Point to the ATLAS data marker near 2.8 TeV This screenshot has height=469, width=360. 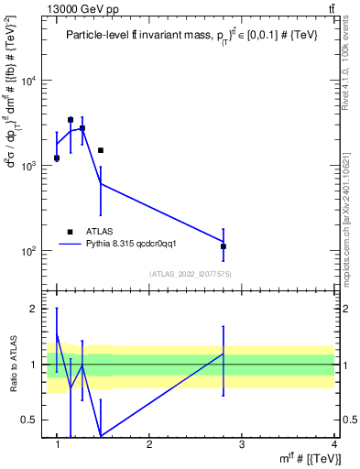(x=224, y=246)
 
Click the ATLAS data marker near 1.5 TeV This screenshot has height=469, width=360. (x=101, y=150)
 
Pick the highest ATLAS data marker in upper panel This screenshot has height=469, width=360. (x=71, y=120)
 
